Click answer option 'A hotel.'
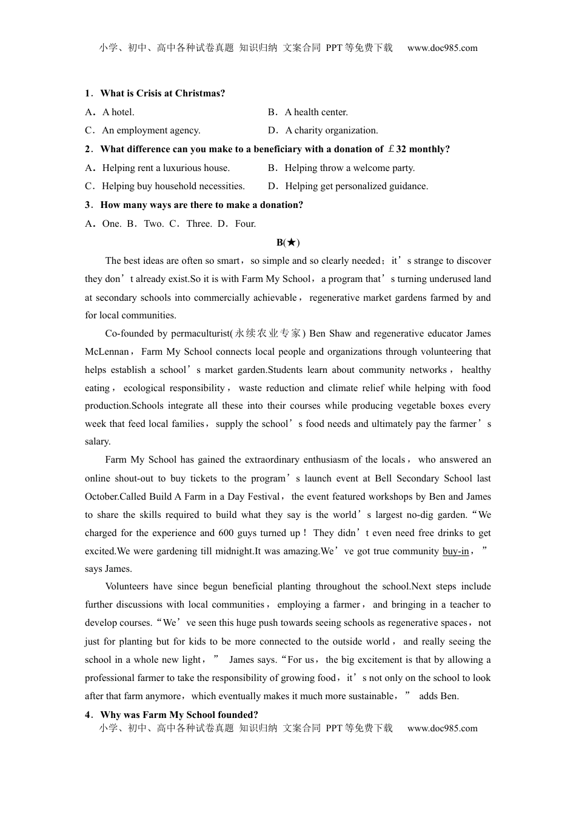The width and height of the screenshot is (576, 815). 118,112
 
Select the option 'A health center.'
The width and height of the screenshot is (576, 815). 316,112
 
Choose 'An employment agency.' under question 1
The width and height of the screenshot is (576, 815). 151,130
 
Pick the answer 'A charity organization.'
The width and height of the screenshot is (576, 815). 331,130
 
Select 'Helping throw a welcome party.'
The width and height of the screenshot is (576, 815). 349,168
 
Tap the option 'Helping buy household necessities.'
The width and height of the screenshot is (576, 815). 173,186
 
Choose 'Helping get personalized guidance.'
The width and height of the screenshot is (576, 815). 356,186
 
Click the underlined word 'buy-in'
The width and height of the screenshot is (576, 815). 455,551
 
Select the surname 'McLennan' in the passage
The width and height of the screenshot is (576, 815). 107,352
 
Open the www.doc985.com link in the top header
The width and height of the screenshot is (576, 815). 442,48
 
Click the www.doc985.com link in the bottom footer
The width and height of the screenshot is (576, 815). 442,728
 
